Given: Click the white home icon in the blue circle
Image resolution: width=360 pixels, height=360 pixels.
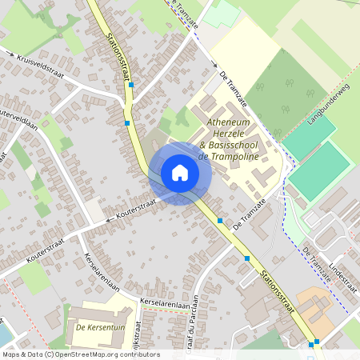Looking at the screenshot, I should tap(180, 173).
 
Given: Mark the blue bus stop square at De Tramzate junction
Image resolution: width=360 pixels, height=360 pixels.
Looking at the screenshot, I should tap(220, 220).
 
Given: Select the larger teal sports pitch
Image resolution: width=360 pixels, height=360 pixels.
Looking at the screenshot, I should tap(320, 170).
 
